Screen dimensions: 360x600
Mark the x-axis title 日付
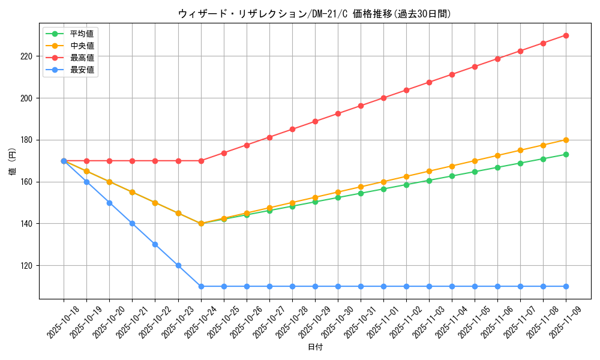315,347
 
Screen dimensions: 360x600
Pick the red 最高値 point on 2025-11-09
566,35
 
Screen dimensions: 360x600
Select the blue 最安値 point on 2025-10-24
201,286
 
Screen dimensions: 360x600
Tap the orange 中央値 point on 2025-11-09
566,140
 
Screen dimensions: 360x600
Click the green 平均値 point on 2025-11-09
566,154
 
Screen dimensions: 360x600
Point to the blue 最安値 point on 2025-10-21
132,223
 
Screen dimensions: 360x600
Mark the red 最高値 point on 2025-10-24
201,161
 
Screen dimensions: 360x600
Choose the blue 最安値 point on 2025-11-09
566,286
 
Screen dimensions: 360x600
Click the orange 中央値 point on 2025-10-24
201,223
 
